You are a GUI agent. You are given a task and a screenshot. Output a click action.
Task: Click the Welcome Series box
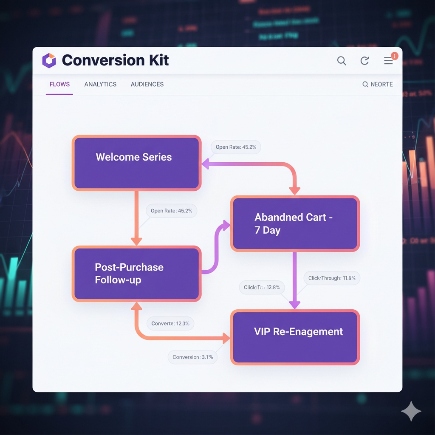pos(136,163)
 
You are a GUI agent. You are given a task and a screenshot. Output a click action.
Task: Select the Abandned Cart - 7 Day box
pos(295,223)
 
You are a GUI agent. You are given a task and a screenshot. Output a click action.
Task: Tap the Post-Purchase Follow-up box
pos(136,274)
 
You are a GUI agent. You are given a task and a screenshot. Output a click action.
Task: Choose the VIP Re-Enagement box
pos(295,337)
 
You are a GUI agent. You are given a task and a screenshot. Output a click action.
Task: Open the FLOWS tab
pos(59,84)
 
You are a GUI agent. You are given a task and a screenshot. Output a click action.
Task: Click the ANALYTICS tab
pos(100,84)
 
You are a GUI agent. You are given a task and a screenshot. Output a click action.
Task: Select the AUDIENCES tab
pos(147,84)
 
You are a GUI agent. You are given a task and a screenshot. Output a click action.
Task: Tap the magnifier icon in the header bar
pos(342,61)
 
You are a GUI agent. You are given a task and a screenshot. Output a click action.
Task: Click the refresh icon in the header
pos(364,61)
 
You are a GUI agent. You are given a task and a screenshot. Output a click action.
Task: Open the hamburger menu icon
pos(388,61)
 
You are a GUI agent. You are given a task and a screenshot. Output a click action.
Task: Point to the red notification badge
pos(394,56)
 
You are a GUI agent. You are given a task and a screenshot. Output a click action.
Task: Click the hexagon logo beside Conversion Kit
pos(49,60)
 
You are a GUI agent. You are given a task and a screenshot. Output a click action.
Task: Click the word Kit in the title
pos(158,60)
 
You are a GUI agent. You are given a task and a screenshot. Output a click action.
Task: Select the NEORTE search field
pos(378,84)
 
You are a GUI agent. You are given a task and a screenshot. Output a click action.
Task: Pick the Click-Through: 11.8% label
pos(332,278)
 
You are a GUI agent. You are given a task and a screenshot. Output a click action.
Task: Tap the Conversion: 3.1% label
pos(192,357)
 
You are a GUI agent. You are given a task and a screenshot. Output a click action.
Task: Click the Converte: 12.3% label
pos(170,323)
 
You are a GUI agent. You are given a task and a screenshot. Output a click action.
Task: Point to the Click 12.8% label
pos(262,287)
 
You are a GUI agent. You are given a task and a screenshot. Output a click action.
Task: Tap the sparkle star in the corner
pos(411,411)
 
